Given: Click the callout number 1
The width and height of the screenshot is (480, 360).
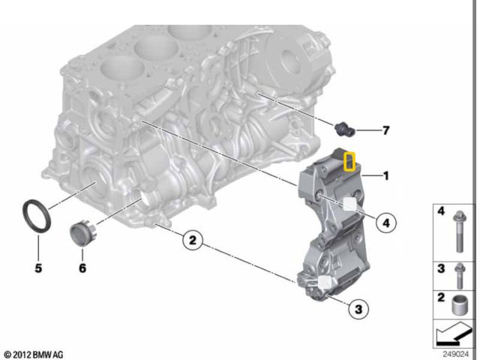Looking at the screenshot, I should (385, 177).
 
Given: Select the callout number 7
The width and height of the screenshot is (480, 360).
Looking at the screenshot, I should (385, 131).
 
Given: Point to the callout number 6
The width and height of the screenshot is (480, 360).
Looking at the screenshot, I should (82, 267).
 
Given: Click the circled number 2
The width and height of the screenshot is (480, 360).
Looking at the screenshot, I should (192, 241).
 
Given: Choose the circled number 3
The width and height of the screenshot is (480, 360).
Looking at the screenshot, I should (358, 307).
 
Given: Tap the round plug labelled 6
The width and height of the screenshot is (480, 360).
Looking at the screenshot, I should (79, 232).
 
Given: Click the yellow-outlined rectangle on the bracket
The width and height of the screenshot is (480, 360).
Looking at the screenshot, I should (349, 161).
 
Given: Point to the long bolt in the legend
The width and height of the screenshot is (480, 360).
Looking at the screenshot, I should (459, 232).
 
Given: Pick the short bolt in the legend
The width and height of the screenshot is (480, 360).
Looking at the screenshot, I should (459, 275).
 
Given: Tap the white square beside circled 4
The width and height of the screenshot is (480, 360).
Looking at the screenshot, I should (349, 204).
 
